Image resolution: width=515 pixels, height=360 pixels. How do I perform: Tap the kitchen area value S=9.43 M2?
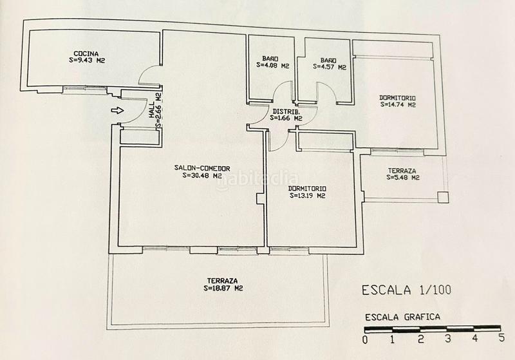pos(86,61)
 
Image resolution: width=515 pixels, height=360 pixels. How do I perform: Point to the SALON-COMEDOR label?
pos(201,168)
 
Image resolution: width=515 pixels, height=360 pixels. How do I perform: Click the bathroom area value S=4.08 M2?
pos(270,66)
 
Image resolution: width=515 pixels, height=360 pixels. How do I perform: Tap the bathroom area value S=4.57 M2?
pos(330,66)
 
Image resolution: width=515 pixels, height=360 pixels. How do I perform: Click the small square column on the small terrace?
pos(442,196)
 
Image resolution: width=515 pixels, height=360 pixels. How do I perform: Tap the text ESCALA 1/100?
pos(404,290)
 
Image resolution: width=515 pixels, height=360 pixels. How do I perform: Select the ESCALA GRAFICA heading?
pos(402,317)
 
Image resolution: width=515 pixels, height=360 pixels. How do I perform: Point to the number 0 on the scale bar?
pos(364,339)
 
